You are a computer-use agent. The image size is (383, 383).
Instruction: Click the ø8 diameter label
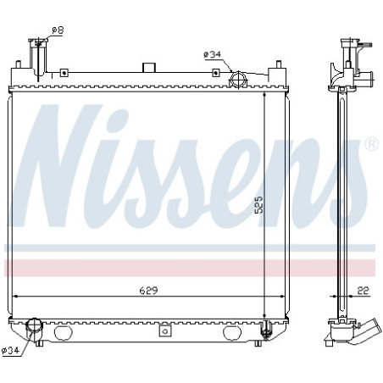click(58, 31)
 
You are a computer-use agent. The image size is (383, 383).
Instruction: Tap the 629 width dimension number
click(149, 289)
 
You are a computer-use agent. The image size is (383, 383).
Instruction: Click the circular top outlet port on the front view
click(238, 80)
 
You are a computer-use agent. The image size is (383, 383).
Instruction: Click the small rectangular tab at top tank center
click(151, 68)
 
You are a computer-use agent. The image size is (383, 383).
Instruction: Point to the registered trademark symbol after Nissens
click(371, 146)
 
